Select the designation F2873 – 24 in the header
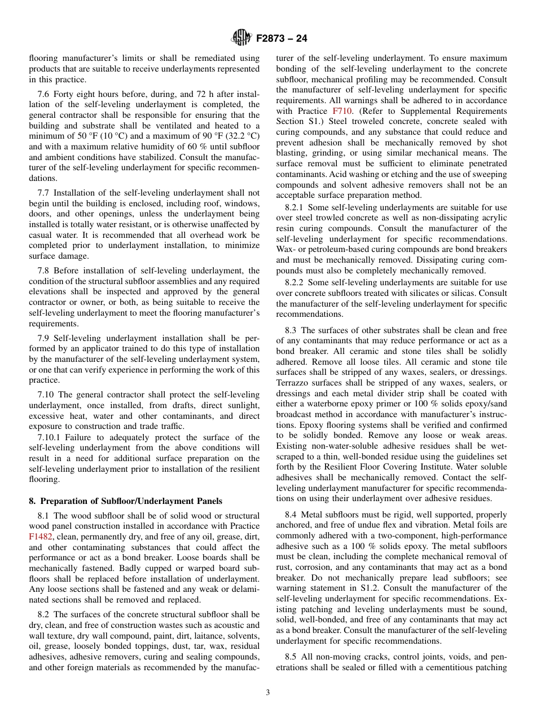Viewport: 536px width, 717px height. (282, 39)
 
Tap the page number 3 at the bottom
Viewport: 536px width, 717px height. (267, 693)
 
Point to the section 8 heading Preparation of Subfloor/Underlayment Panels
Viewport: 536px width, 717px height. (125, 501)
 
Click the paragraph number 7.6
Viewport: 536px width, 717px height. (44, 94)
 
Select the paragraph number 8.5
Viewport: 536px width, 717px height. (291, 657)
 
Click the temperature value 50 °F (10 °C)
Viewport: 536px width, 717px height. (76, 136)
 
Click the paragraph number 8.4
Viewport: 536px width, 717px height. (291, 515)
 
